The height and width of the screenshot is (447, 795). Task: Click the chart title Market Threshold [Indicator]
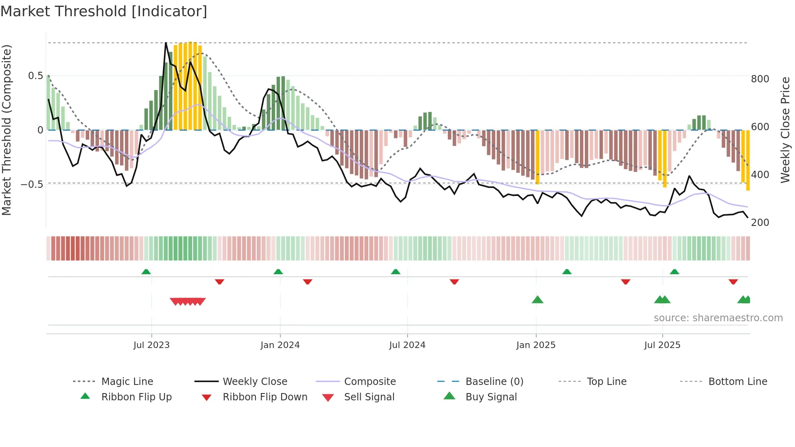pyautogui.click(x=104, y=11)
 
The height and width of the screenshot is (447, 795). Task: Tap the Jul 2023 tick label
pyautogui.click(x=151, y=345)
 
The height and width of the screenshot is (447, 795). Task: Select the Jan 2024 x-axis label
pyautogui.click(x=280, y=345)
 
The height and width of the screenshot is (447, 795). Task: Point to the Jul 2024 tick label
pyautogui.click(x=407, y=345)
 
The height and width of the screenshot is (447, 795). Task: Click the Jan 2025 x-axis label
pyautogui.click(x=536, y=345)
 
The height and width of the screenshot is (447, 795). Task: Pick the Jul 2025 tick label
pyautogui.click(x=662, y=345)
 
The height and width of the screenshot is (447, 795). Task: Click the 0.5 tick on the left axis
pyautogui.click(x=36, y=76)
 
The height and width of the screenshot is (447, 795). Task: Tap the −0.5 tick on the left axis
pyautogui.click(x=32, y=184)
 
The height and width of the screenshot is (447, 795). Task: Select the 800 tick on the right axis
pyautogui.click(x=760, y=79)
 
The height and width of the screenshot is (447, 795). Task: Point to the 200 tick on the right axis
pyautogui.click(x=760, y=223)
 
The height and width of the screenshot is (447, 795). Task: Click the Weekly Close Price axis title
pyautogui.click(x=786, y=130)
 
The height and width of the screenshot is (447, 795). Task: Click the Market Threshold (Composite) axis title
pyautogui.click(x=7, y=130)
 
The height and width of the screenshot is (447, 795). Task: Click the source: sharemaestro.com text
pyautogui.click(x=718, y=318)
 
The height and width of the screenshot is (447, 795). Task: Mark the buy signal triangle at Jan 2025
pyautogui.click(x=537, y=300)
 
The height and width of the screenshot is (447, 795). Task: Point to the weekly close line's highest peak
pyautogui.click(x=166, y=43)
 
